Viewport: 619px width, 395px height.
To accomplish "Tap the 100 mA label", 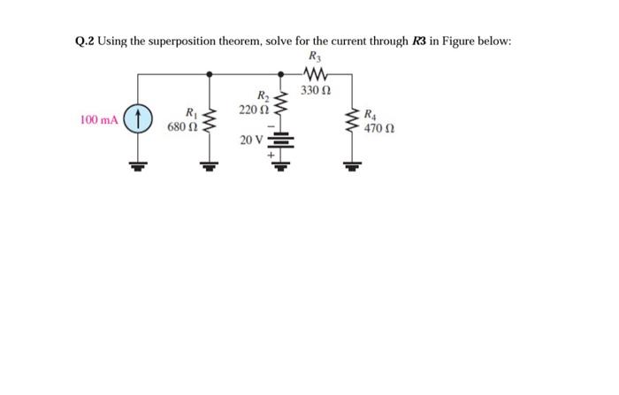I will pos(99,119).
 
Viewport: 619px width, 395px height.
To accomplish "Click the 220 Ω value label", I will pos(255,110).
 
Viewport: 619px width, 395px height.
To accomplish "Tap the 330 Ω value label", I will pos(316,90).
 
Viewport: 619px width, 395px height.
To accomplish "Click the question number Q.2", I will pos(86,42).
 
